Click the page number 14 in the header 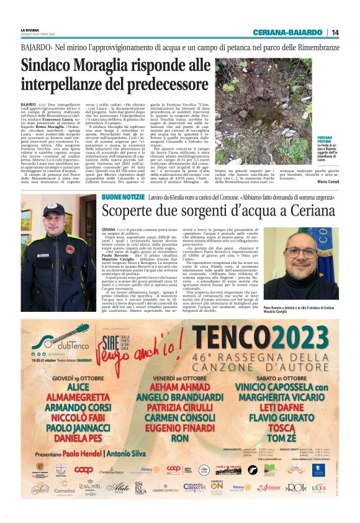(335, 32)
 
